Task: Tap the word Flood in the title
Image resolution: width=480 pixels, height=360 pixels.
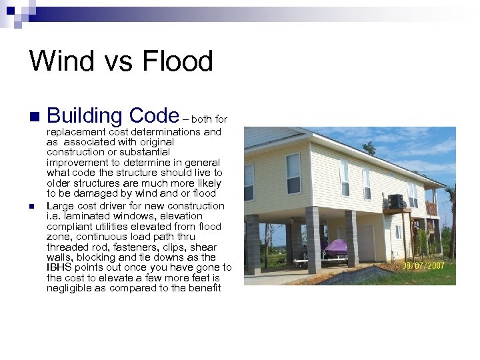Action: [x=177, y=61]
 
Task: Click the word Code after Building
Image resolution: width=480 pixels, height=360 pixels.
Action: [x=154, y=116]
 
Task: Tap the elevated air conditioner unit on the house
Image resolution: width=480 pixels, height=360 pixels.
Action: [x=396, y=201]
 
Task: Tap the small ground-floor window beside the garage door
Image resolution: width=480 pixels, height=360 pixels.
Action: [x=398, y=231]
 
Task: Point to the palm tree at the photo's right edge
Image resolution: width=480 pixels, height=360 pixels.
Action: [x=452, y=220]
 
